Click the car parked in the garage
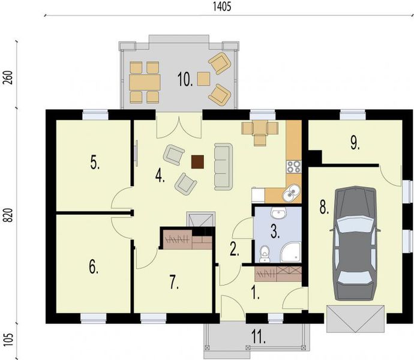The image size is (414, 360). click(358, 243)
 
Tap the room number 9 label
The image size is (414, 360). click(355, 142)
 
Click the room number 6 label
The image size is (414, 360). click(94, 268)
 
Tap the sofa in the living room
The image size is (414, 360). click(223, 166)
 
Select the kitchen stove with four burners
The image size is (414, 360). click(293, 167)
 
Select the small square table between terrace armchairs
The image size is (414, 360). click(204, 77)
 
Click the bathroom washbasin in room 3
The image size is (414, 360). click(278, 214)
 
